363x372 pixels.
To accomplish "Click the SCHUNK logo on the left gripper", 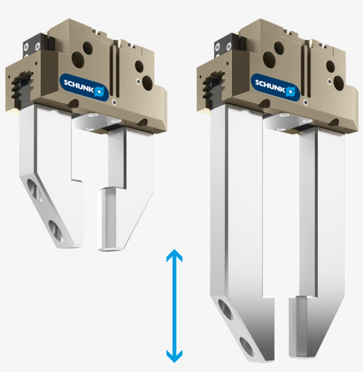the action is [x=85, y=86].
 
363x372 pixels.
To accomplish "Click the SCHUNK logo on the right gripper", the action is [x=275, y=86].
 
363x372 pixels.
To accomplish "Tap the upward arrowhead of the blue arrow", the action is [x=174, y=256].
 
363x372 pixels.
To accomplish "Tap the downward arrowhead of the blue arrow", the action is [x=174, y=356].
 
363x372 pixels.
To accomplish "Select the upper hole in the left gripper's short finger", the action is [x=35, y=190].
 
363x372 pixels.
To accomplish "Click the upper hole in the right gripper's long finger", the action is [x=226, y=310].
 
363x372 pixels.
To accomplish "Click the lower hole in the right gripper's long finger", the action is [x=247, y=347].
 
